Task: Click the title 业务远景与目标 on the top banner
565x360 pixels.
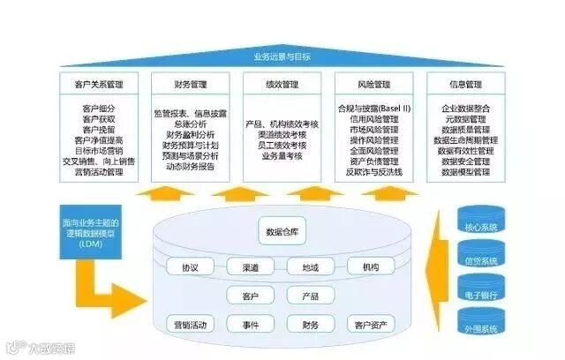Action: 282,57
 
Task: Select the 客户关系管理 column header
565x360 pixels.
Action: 99,85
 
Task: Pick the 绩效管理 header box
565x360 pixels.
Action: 282,85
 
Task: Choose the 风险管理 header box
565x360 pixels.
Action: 373,85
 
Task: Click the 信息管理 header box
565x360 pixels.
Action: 465,85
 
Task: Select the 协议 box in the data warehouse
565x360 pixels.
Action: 190,266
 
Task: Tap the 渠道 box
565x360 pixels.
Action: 250,266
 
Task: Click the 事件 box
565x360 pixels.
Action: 250,325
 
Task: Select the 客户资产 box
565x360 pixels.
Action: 371,325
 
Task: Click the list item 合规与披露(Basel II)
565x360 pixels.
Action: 373,109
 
